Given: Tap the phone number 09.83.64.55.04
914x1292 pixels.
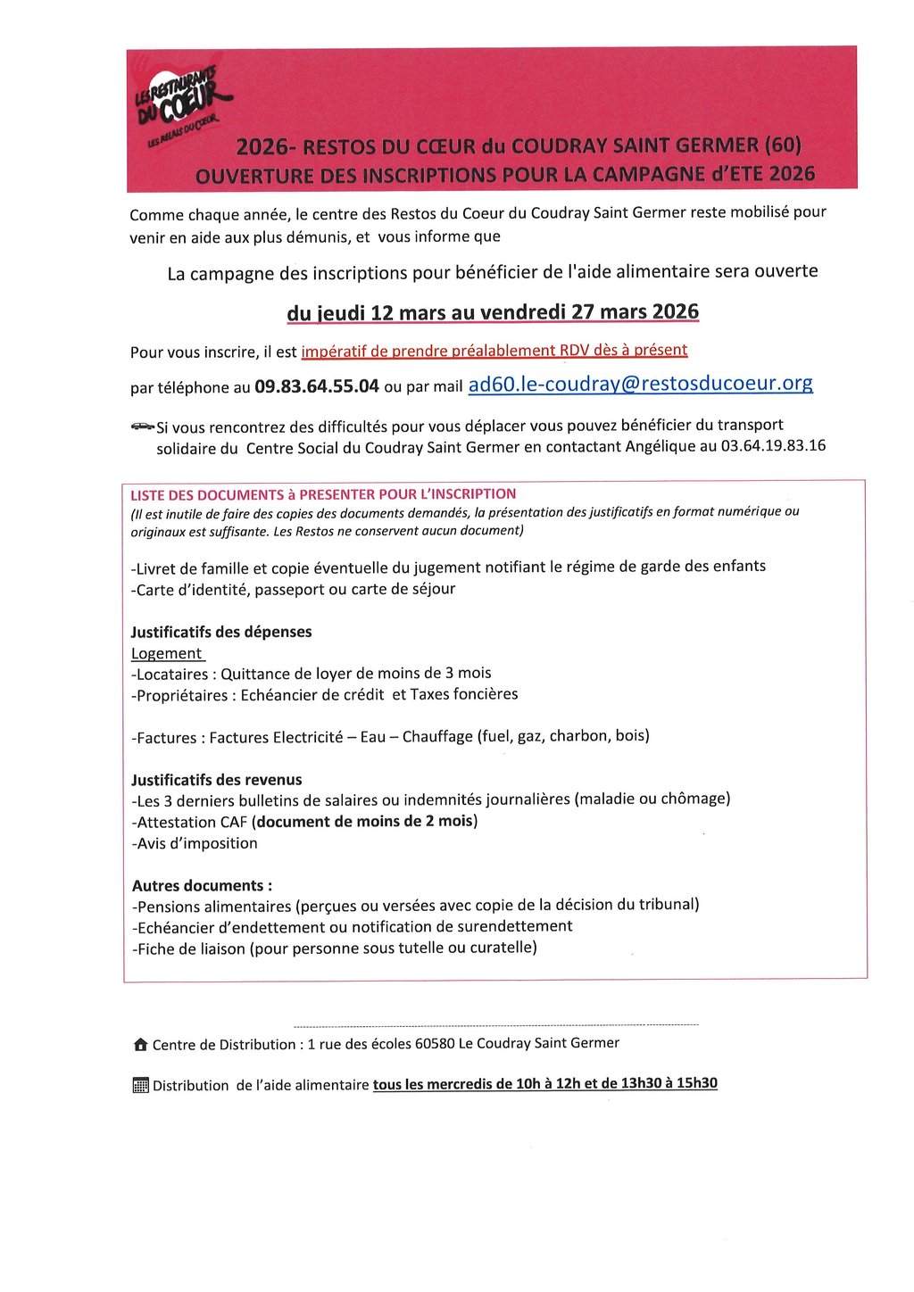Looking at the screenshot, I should point(317,386).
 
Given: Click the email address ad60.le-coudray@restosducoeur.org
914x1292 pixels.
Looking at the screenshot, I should point(640,384).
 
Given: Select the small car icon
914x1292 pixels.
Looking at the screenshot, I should point(142,427).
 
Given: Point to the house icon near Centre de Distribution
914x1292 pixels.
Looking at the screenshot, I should point(140,1044).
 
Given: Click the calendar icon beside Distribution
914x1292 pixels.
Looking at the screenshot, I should point(140,1085).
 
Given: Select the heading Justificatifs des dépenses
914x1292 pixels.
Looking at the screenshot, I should point(221,632).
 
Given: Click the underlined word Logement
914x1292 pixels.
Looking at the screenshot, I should point(167,653).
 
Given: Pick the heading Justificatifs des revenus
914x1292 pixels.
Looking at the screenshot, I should point(217,780).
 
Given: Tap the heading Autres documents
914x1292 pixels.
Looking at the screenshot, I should point(202,886).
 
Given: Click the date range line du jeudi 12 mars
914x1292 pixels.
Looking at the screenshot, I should point(492,312).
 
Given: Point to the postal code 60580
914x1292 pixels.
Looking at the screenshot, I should point(435,1043).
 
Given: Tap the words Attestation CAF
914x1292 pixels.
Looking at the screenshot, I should point(190,822).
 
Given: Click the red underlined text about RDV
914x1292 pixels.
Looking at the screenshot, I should point(494,351).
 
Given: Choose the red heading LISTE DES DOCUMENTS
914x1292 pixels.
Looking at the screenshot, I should point(323,494).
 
